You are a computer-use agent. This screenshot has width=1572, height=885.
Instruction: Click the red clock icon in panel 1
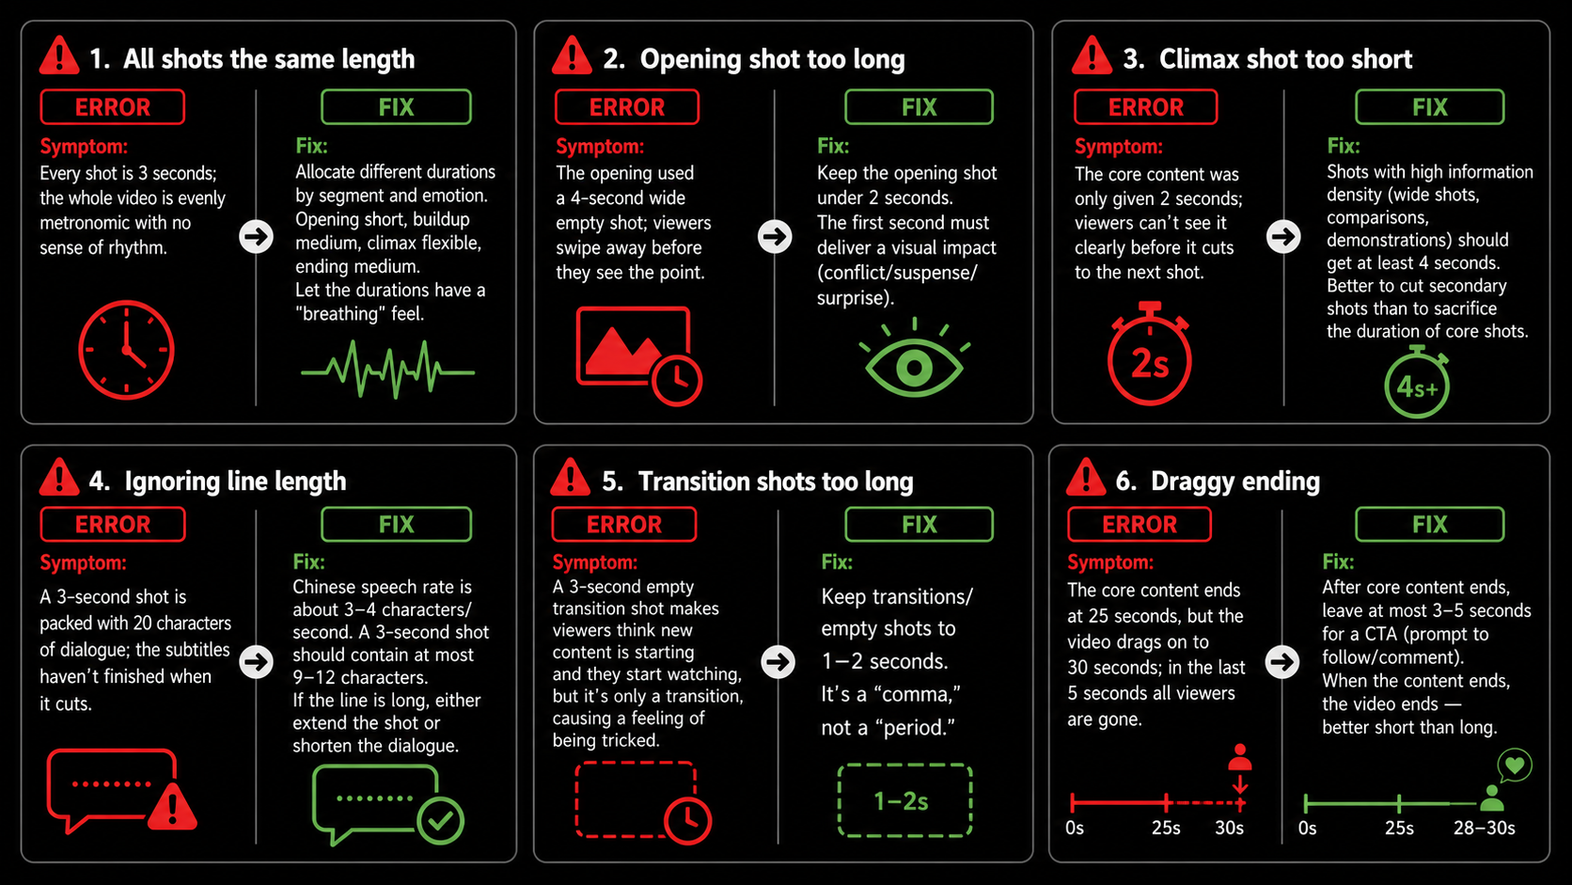126,350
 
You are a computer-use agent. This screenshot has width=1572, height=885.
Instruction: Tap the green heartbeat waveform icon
387,370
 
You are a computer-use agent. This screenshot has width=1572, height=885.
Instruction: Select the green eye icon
915,358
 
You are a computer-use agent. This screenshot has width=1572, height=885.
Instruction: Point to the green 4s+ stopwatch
1417,383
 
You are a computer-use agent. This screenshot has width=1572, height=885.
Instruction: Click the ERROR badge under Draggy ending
1139,524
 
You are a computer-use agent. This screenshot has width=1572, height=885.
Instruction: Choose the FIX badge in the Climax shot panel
1429,106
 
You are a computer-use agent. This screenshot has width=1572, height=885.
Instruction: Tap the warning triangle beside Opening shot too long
572,55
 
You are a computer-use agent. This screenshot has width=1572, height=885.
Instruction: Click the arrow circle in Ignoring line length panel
256,661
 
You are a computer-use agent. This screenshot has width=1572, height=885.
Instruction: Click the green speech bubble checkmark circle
440,820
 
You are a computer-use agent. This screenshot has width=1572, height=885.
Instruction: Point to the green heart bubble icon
1515,765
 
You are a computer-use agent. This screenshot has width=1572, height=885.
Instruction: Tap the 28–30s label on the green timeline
1484,829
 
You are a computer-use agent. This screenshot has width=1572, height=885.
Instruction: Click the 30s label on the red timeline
1229,829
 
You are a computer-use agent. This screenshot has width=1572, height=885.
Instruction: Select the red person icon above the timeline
1240,758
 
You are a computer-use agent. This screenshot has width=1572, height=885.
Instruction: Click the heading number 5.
612,482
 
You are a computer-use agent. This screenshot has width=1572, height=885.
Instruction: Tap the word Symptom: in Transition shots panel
595,562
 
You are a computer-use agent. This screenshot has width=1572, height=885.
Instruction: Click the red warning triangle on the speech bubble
172,808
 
